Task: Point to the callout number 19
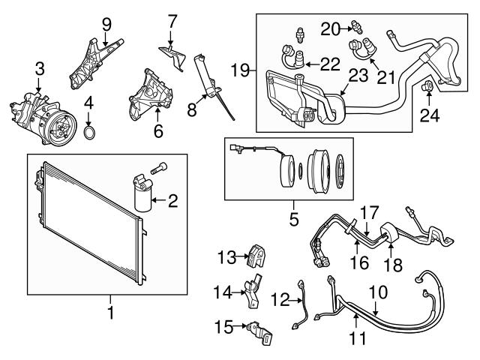[239, 71]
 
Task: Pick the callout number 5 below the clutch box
[293, 220]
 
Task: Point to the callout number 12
[279, 301]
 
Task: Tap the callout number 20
[331, 28]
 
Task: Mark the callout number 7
[172, 19]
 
